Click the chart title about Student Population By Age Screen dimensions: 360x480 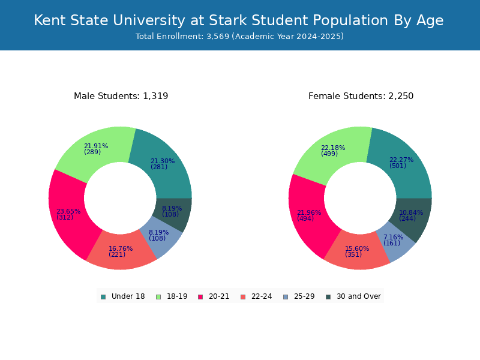pos(239,20)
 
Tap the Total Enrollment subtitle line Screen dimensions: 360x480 pos(239,37)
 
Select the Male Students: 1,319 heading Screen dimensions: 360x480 pos(121,96)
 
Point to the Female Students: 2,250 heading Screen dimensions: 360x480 pos(361,96)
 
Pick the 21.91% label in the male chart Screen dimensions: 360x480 pos(96,146)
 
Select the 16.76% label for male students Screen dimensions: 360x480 pos(121,248)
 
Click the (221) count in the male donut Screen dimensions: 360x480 pos(117,255)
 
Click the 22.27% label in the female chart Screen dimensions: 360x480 pos(401,160)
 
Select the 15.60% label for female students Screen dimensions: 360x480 pos(357,248)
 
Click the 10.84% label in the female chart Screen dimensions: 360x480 pos(411,212)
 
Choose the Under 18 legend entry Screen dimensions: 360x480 pos(123,296)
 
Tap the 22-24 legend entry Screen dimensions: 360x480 pos(256,296)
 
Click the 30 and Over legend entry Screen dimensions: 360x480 pos(353,296)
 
